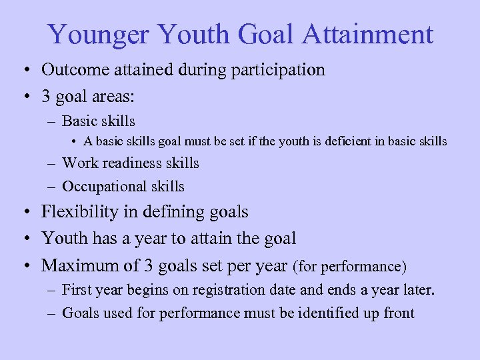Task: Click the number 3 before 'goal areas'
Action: point(46,96)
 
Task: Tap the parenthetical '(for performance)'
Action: point(349,266)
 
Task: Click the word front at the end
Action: point(399,313)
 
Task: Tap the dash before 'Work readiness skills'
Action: point(51,163)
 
